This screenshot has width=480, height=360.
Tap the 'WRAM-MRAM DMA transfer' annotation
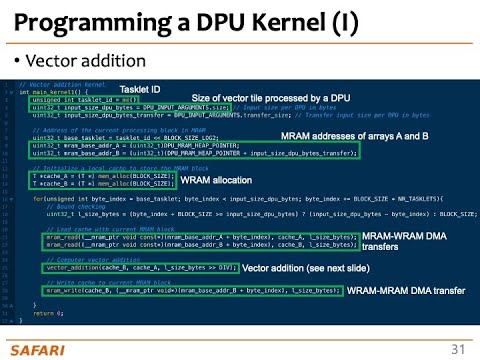click(410, 289)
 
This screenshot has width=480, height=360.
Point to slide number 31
click(458, 348)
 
